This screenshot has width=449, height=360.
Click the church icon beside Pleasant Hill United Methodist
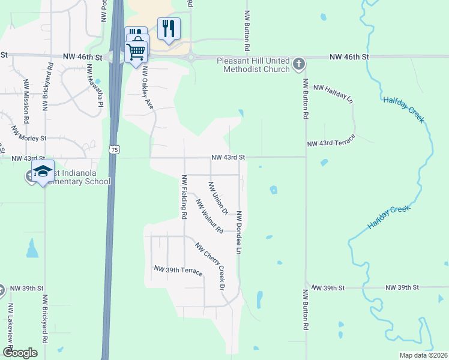[299, 63]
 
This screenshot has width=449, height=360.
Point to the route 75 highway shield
[114, 148]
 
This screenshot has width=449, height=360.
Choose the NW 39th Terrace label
[178, 271]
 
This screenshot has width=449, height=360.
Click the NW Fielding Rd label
[184, 196]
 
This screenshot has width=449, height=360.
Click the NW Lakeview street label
[10, 324]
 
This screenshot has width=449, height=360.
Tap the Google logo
[19, 353]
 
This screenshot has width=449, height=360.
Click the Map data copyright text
[423, 356]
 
